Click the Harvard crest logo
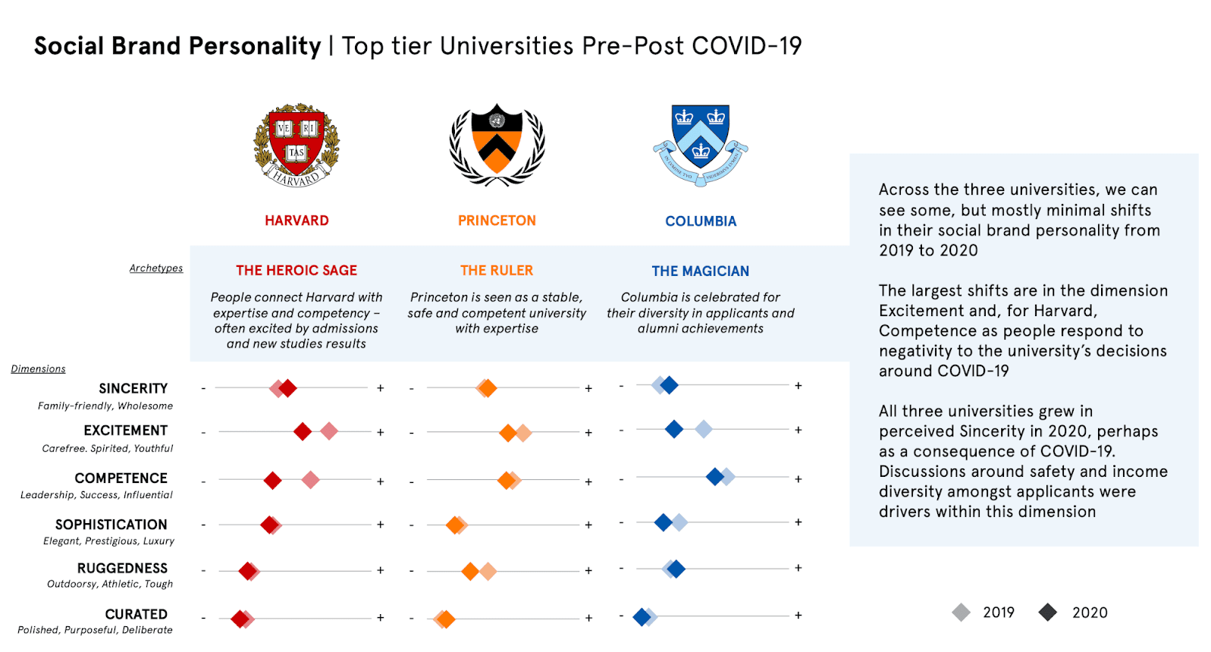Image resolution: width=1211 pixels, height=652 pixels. coord(296,145)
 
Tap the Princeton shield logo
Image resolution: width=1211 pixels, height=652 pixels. coord(497,144)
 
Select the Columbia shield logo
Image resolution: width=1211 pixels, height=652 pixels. coord(701,144)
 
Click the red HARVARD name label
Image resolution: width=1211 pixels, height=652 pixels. coord(296,221)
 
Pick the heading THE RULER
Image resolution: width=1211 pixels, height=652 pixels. coord(497,271)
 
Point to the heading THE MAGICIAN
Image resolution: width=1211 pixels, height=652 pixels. coord(700,271)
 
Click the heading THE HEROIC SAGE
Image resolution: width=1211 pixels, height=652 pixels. coord(296,271)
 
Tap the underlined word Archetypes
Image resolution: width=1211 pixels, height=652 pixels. coord(156,268)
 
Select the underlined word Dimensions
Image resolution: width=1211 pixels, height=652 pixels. coord(39,369)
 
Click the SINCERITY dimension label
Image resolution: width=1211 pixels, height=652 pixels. coord(133,389)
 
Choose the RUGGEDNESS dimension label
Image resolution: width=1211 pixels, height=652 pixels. coord(122,569)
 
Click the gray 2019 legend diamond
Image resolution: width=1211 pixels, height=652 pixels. coord(962,613)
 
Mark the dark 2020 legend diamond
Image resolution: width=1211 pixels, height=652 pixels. coord(1048,613)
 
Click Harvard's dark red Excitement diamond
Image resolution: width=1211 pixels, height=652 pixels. coord(303,432)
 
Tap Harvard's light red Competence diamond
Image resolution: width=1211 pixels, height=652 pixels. coord(310,480)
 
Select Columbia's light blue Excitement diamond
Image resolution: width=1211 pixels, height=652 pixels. coord(704,430)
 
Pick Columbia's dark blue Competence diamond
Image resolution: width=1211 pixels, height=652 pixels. coord(714,477)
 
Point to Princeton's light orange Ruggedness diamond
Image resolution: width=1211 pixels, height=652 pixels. coord(488,572)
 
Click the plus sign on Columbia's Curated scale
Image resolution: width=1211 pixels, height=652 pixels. coord(798,616)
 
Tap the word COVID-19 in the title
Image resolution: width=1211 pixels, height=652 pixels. coord(747,46)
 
